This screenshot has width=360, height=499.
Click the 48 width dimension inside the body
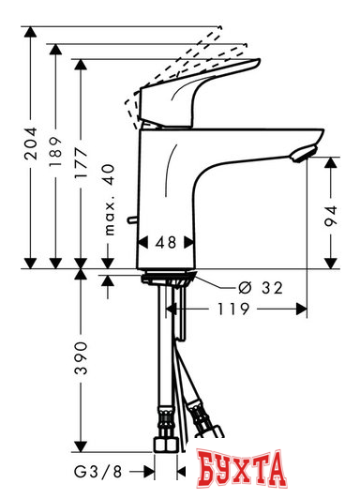coord(166,241)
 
